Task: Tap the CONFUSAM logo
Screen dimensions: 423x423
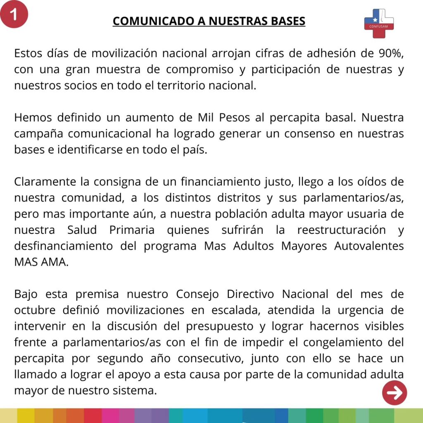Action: tap(378, 23)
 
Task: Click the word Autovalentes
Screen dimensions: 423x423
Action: tap(369, 246)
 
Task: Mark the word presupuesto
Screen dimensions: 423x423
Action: tap(219, 326)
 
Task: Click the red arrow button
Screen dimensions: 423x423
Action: tap(394, 393)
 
